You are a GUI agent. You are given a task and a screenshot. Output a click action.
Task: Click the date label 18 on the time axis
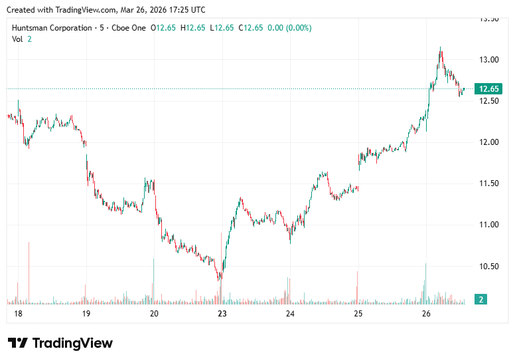pos(17,313)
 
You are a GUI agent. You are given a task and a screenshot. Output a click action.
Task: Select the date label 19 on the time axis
pos(86,313)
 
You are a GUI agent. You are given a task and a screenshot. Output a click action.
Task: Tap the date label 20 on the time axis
pos(154,313)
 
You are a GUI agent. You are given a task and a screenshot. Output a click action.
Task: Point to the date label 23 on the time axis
pos(222,313)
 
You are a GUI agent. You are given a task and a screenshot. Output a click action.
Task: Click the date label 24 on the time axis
pos(290,313)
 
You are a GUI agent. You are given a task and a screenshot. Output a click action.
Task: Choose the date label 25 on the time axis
pos(358,313)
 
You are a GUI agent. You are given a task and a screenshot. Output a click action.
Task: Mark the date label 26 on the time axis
pos(426,313)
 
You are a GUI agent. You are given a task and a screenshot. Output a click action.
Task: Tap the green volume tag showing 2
pos(481,300)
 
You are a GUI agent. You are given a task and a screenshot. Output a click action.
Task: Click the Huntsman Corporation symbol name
pos(52,28)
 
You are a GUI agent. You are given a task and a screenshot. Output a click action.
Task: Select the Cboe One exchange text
pos(127,28)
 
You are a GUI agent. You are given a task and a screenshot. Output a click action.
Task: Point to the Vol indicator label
pos(17,39)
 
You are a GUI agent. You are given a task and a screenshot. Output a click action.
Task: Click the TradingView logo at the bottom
pos(60,343)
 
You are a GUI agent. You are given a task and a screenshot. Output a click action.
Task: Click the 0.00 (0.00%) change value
pos(289,28)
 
